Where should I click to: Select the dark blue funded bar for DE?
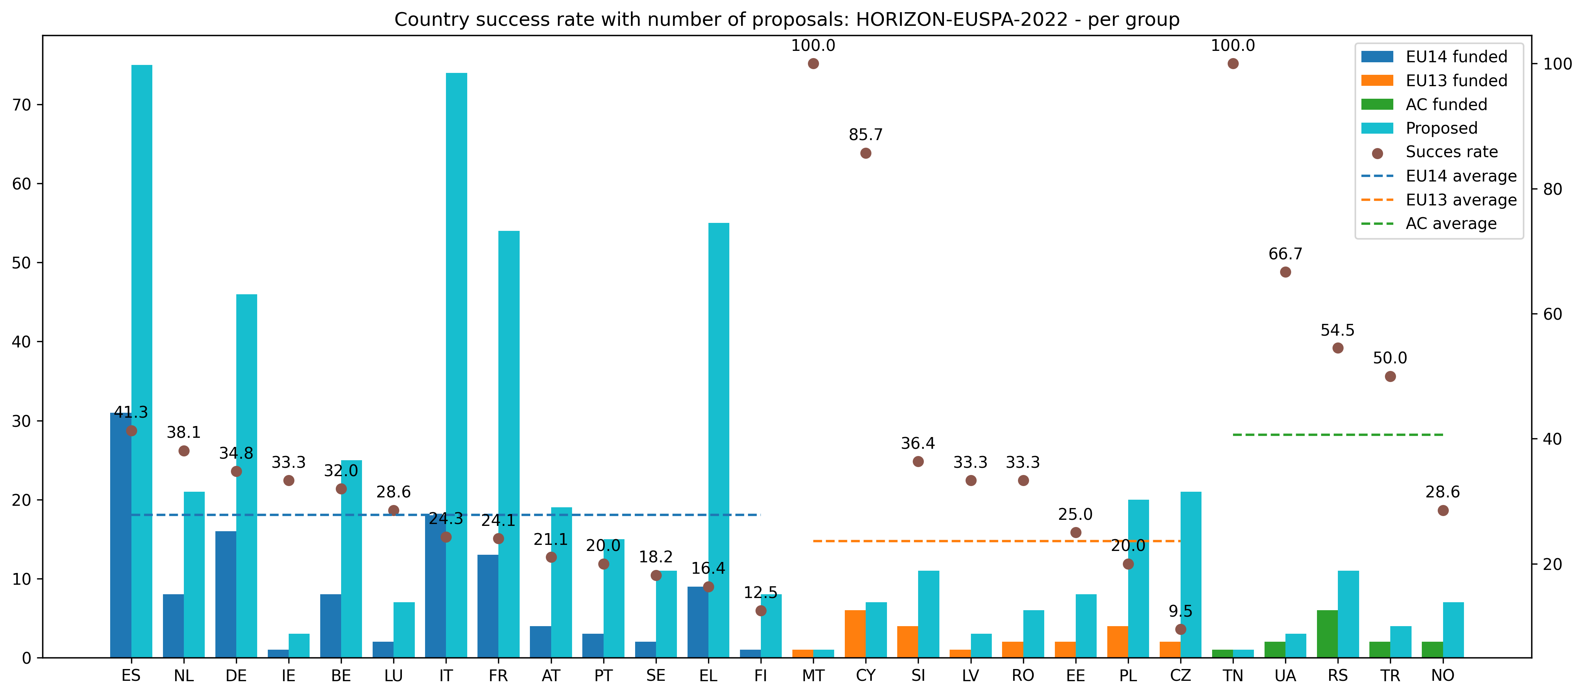[226, 594]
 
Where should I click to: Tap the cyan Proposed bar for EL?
[719, 440]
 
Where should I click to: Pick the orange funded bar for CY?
[855, 633]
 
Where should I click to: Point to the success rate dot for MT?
[813, 64]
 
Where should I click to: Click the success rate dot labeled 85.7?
[865, 153]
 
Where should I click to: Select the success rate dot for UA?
[1285, 272]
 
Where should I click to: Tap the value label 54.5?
[1337, 330]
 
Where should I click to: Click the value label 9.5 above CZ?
[1180, 611]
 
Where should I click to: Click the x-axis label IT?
[446, 676]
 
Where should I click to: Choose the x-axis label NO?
[1443, 676]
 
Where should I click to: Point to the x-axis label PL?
[1128, 676]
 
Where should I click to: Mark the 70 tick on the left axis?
[22, 105]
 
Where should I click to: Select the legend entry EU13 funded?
[1456, 80]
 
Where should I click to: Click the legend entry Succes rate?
[1451, 152]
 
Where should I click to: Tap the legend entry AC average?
[1451, 224]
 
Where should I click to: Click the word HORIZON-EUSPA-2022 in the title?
[962, 20]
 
